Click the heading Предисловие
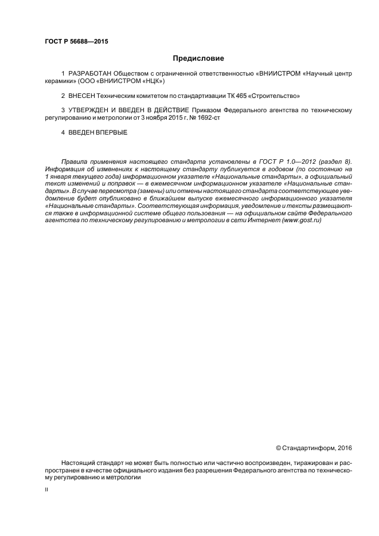198,58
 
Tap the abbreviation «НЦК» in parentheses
151,81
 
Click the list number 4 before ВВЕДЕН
62,132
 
